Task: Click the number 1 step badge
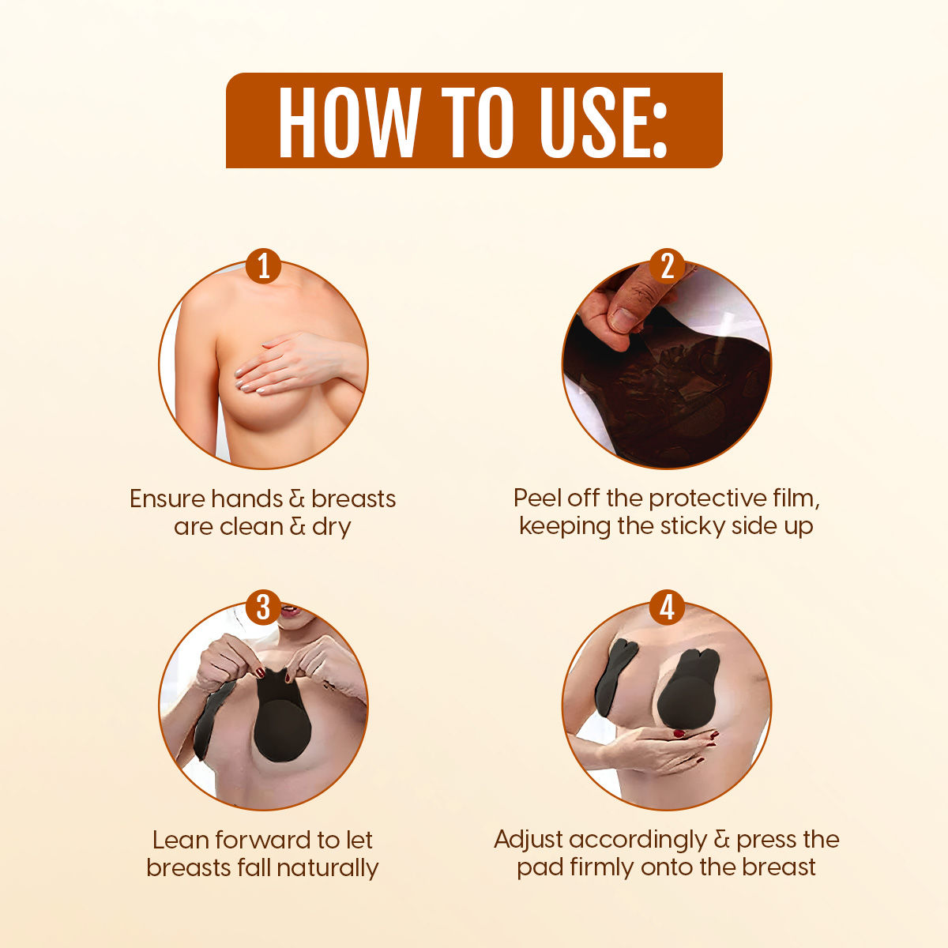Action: tap(264, 265)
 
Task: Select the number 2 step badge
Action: tap(667, 265)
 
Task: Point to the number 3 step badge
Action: tap(264, 608)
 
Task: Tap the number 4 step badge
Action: tap(667, 608)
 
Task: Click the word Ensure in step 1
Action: tap(167, 498)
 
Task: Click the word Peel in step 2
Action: tap(537, 498)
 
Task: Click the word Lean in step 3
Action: tap(181, 840)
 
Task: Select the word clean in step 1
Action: tap(251, 527)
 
